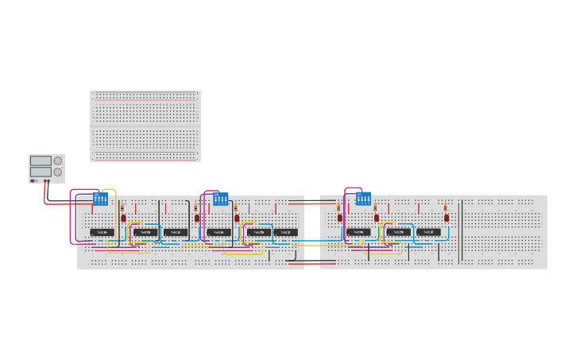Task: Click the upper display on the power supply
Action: coord(41,161)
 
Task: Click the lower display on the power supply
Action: coord(41,172)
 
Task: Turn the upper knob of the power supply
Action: coord(57,161)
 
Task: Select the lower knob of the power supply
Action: coord(57,172)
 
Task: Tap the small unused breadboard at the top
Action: coord(145,126)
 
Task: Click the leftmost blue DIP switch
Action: coord(101,199)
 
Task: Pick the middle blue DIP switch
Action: coord(220,199)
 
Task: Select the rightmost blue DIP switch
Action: coord(363,199)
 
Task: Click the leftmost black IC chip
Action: coord(102,232)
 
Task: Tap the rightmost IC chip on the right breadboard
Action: coord(428,232)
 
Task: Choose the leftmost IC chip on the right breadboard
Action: coord(358,232)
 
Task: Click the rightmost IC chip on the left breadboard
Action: coord(286,232)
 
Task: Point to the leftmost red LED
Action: coord(123,218)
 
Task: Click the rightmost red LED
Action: coord(446,217)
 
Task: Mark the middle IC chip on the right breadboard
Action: coord(399,232)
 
